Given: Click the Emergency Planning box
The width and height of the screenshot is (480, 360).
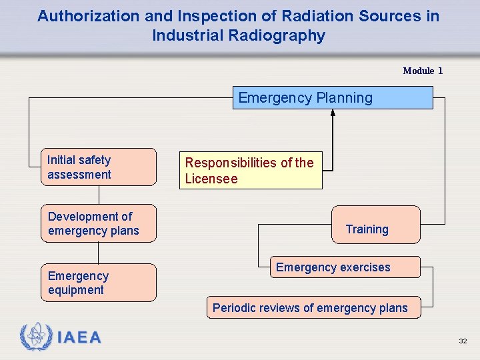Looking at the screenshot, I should [x=332, y=98].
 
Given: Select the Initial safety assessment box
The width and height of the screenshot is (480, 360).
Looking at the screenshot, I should [x=99, y=167].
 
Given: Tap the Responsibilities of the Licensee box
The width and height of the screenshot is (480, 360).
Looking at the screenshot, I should [x=250, y=171].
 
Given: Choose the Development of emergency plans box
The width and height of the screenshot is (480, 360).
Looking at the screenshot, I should [x=99, y=223].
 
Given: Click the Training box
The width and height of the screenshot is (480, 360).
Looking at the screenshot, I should [x=376, y=225].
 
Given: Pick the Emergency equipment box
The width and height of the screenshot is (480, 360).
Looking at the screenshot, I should [x=99, y=283].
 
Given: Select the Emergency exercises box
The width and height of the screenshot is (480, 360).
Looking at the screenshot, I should [x=344, y=267].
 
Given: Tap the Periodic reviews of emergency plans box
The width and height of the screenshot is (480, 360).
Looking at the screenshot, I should [x=313, y=307].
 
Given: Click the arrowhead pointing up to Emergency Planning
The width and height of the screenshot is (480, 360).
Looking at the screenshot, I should [x=333, y=113].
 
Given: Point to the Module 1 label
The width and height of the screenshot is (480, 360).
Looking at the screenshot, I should [x=422, y=71].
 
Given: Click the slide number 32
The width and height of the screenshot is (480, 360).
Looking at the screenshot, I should [x=463, y=341].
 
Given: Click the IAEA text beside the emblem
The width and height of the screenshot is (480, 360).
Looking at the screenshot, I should [x=79, y=338].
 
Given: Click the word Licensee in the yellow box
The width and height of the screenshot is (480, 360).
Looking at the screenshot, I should [x=211, y=179].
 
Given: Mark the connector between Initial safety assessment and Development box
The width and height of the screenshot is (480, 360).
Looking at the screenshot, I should [x=99, y=195].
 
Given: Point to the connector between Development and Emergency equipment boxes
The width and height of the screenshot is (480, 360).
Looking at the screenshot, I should [x=99, y=253].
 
